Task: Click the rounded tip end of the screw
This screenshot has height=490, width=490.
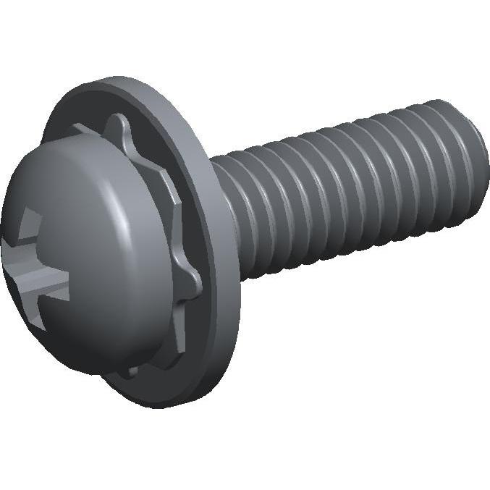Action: pos(474,163)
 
